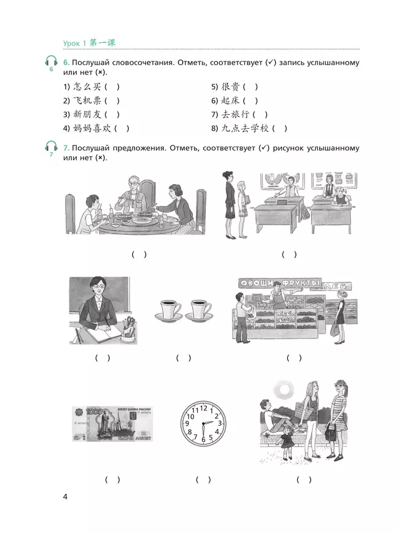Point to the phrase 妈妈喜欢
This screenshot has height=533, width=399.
point(91,128)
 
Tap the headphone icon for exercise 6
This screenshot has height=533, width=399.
point(51,62)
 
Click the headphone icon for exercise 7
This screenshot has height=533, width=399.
point(51,147)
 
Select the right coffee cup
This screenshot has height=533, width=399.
point(199,309)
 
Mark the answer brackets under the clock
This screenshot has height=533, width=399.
point(203,480)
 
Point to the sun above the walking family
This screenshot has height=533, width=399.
point(285,389)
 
